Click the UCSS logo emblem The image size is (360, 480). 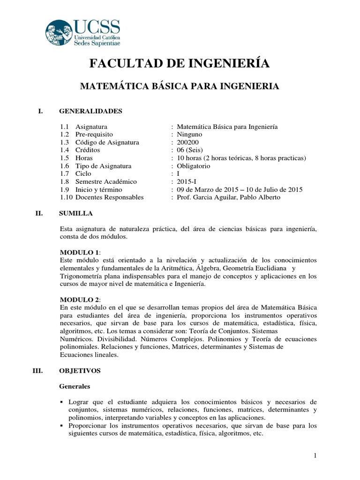point(60,33)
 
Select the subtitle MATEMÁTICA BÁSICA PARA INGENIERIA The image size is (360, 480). point(180,86)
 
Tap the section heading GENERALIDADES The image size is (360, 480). point(90,111)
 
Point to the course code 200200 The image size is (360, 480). point(185,142)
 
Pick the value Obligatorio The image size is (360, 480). point(193,166)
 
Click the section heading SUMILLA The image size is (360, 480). point(76,213)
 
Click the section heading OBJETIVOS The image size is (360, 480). point(80,371)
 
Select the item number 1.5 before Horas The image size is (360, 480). point(65,158)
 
